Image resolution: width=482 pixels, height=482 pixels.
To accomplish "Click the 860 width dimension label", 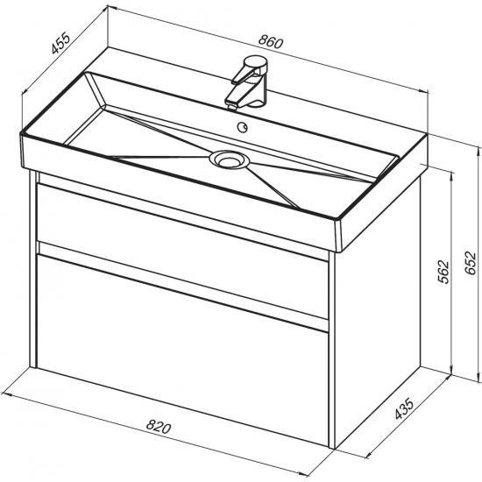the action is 270,42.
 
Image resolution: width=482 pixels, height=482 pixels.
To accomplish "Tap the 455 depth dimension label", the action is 61,43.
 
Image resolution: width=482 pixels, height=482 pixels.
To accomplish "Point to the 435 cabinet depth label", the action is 405,409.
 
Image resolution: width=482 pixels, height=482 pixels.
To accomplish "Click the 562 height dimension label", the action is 443,272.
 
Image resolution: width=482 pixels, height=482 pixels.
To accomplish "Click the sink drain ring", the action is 230,159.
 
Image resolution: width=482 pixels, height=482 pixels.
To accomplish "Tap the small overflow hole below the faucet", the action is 242,127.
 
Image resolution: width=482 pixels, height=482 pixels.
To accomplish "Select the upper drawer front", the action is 182,249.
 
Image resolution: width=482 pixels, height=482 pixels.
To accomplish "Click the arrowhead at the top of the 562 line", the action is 451,176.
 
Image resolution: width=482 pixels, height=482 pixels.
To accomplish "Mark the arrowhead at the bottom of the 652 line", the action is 478,377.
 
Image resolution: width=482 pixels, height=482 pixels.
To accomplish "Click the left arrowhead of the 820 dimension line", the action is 6,394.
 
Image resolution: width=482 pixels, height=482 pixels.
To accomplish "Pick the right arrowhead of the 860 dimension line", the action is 423,90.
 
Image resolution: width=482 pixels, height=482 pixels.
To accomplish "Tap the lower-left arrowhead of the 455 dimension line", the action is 25,90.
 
